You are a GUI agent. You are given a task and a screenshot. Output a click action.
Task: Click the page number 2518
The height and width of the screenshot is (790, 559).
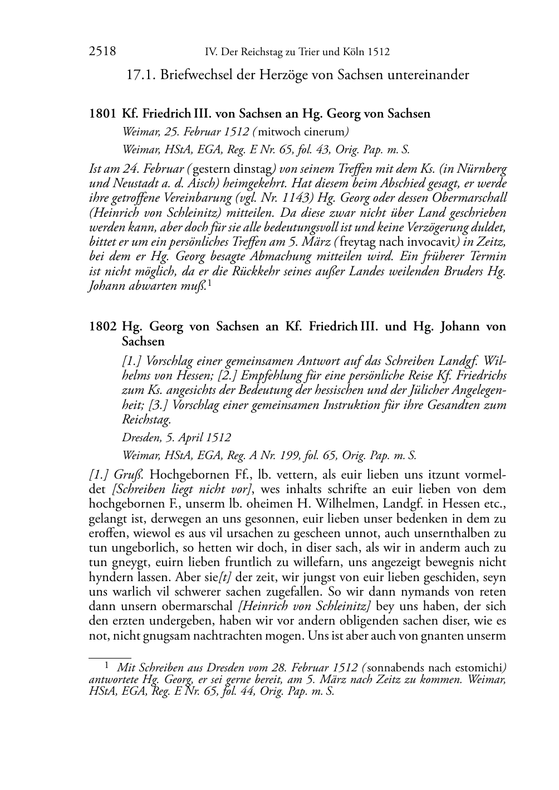(x=102, y=52)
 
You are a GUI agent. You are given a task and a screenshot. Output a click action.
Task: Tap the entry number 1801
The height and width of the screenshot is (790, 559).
(x=102, y=114)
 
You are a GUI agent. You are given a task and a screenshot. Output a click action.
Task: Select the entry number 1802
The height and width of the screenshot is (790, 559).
(x=102, y=326)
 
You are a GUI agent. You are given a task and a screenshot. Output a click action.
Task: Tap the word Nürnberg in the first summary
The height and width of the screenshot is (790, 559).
(x=481, y=168)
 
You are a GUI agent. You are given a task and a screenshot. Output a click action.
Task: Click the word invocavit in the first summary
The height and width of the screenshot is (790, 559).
(x=430, y=242)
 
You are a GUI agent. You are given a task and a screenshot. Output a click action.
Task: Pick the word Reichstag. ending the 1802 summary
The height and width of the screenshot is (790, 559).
(x=146, y=420)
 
